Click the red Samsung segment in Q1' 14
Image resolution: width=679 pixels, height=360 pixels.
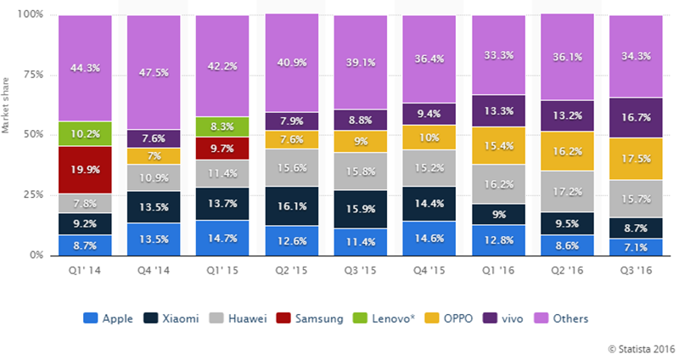pos(85,170)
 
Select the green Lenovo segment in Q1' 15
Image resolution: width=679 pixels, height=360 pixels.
pos(222,127)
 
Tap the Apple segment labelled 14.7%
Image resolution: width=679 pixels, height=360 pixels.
pos(222,238)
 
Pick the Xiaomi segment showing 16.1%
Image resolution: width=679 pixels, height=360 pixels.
pos(291,206)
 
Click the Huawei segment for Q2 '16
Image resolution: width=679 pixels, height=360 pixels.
pos(565,192)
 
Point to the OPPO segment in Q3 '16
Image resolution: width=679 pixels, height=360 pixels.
pos(634,159)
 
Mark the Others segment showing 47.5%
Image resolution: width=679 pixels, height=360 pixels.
pos(154,72)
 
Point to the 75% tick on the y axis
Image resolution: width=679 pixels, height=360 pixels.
pos(33,75)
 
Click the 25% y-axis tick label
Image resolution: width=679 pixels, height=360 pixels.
pos(33,194)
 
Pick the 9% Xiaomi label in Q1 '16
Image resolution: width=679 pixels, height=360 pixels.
pos(497,215)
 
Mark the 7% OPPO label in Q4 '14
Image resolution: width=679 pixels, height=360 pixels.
pos(154,156)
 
